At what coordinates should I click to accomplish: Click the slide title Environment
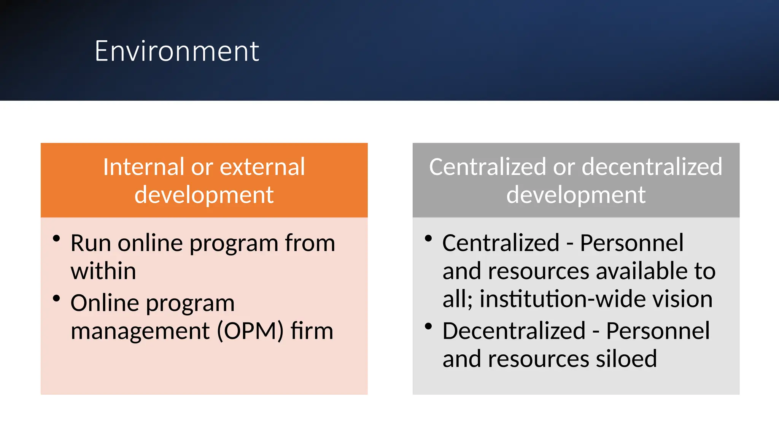(177, 51)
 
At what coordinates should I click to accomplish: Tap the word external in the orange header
(262, 167)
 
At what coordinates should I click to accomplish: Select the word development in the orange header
(204, 195)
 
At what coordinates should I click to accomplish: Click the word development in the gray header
(576, 195)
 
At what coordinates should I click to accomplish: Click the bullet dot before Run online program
(56, 239)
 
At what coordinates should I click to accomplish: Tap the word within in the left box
(103, 271)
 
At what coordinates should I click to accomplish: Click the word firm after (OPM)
(312, 331)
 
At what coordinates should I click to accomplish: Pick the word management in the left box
(140, 331)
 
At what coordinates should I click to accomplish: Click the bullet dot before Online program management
(56, 298)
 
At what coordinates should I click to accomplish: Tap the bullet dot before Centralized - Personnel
(428, 239)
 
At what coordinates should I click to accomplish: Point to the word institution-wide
(563, 299)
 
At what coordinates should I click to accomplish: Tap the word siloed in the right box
(626, 359)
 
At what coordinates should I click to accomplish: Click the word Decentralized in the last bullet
(514, 331)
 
